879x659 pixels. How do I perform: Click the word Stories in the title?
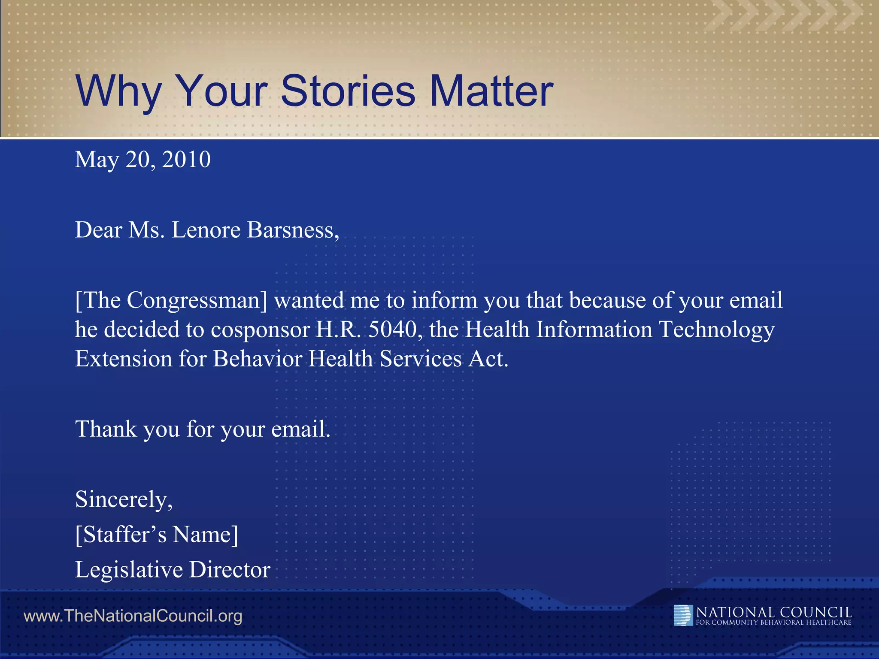(x=348, y=91)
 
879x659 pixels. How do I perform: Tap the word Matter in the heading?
(x=491, y=91)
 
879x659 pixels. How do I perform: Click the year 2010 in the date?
(x=186, y=160)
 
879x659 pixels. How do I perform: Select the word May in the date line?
(x=97, y=160)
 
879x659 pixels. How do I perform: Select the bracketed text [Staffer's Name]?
(x=157, y=535)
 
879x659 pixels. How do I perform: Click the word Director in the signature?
(x=230, y=570)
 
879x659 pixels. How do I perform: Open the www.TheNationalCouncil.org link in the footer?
(x=133, y=616)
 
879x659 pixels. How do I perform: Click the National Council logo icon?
(x=683, y=615)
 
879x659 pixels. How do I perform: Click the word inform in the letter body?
(x=444, y=301)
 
